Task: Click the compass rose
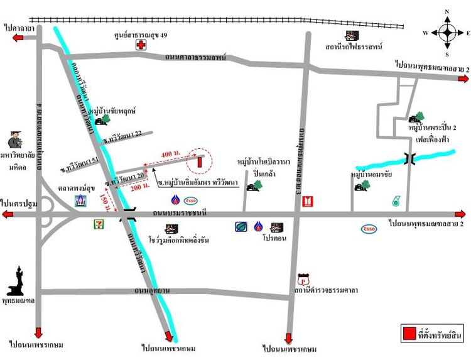pos(447,32)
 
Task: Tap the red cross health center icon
pos(142,45)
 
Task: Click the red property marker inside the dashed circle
pos(200,161)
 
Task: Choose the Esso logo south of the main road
pos(369,229)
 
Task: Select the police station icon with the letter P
pos(304,278)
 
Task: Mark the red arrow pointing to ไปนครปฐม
pos(11,215)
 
